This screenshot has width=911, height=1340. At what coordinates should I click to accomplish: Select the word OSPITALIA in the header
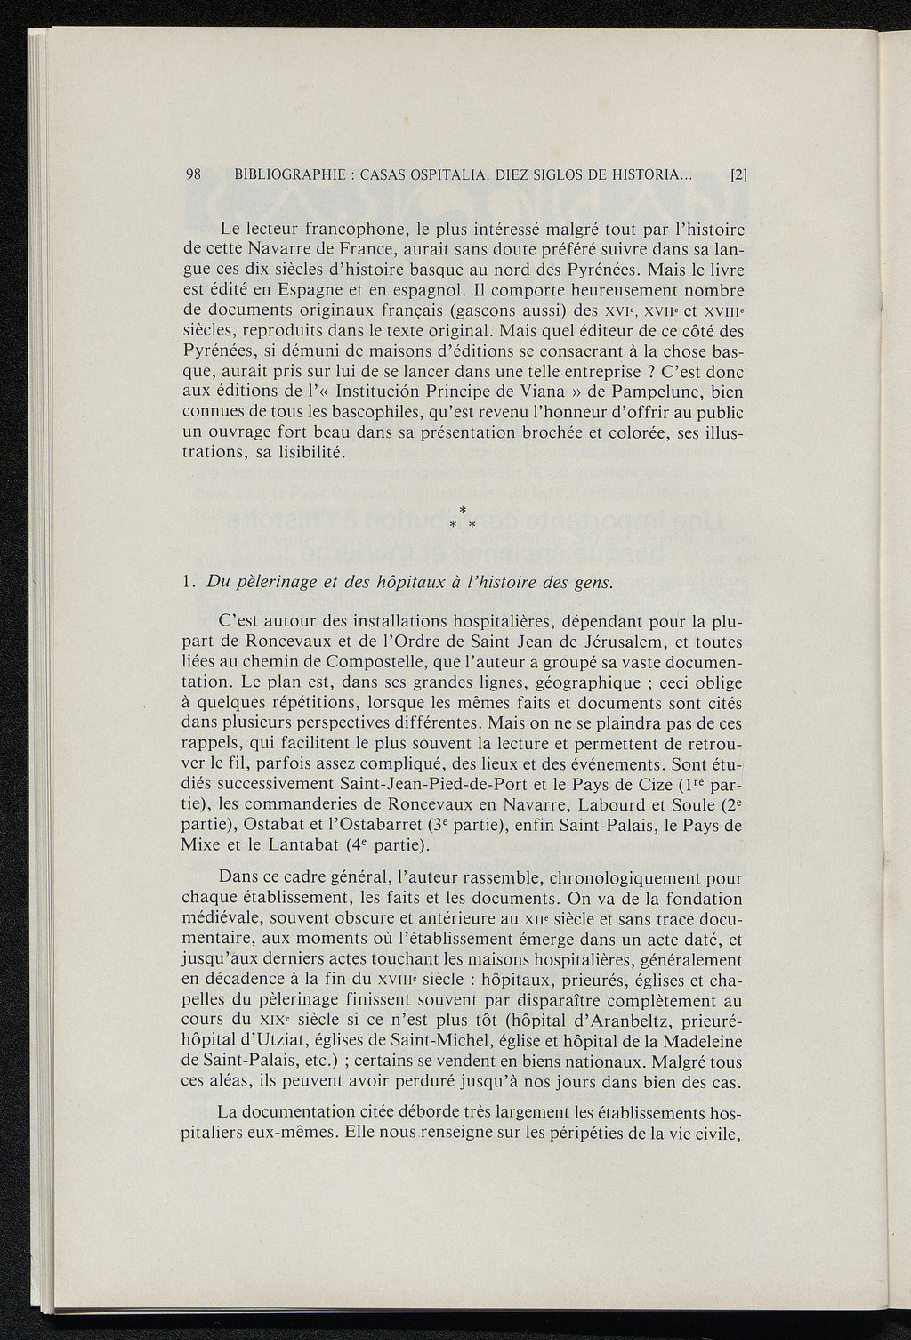pos(475,175)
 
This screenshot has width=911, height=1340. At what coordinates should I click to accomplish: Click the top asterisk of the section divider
pos(462,508)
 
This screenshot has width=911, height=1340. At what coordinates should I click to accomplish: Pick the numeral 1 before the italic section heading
pos(184,583)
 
